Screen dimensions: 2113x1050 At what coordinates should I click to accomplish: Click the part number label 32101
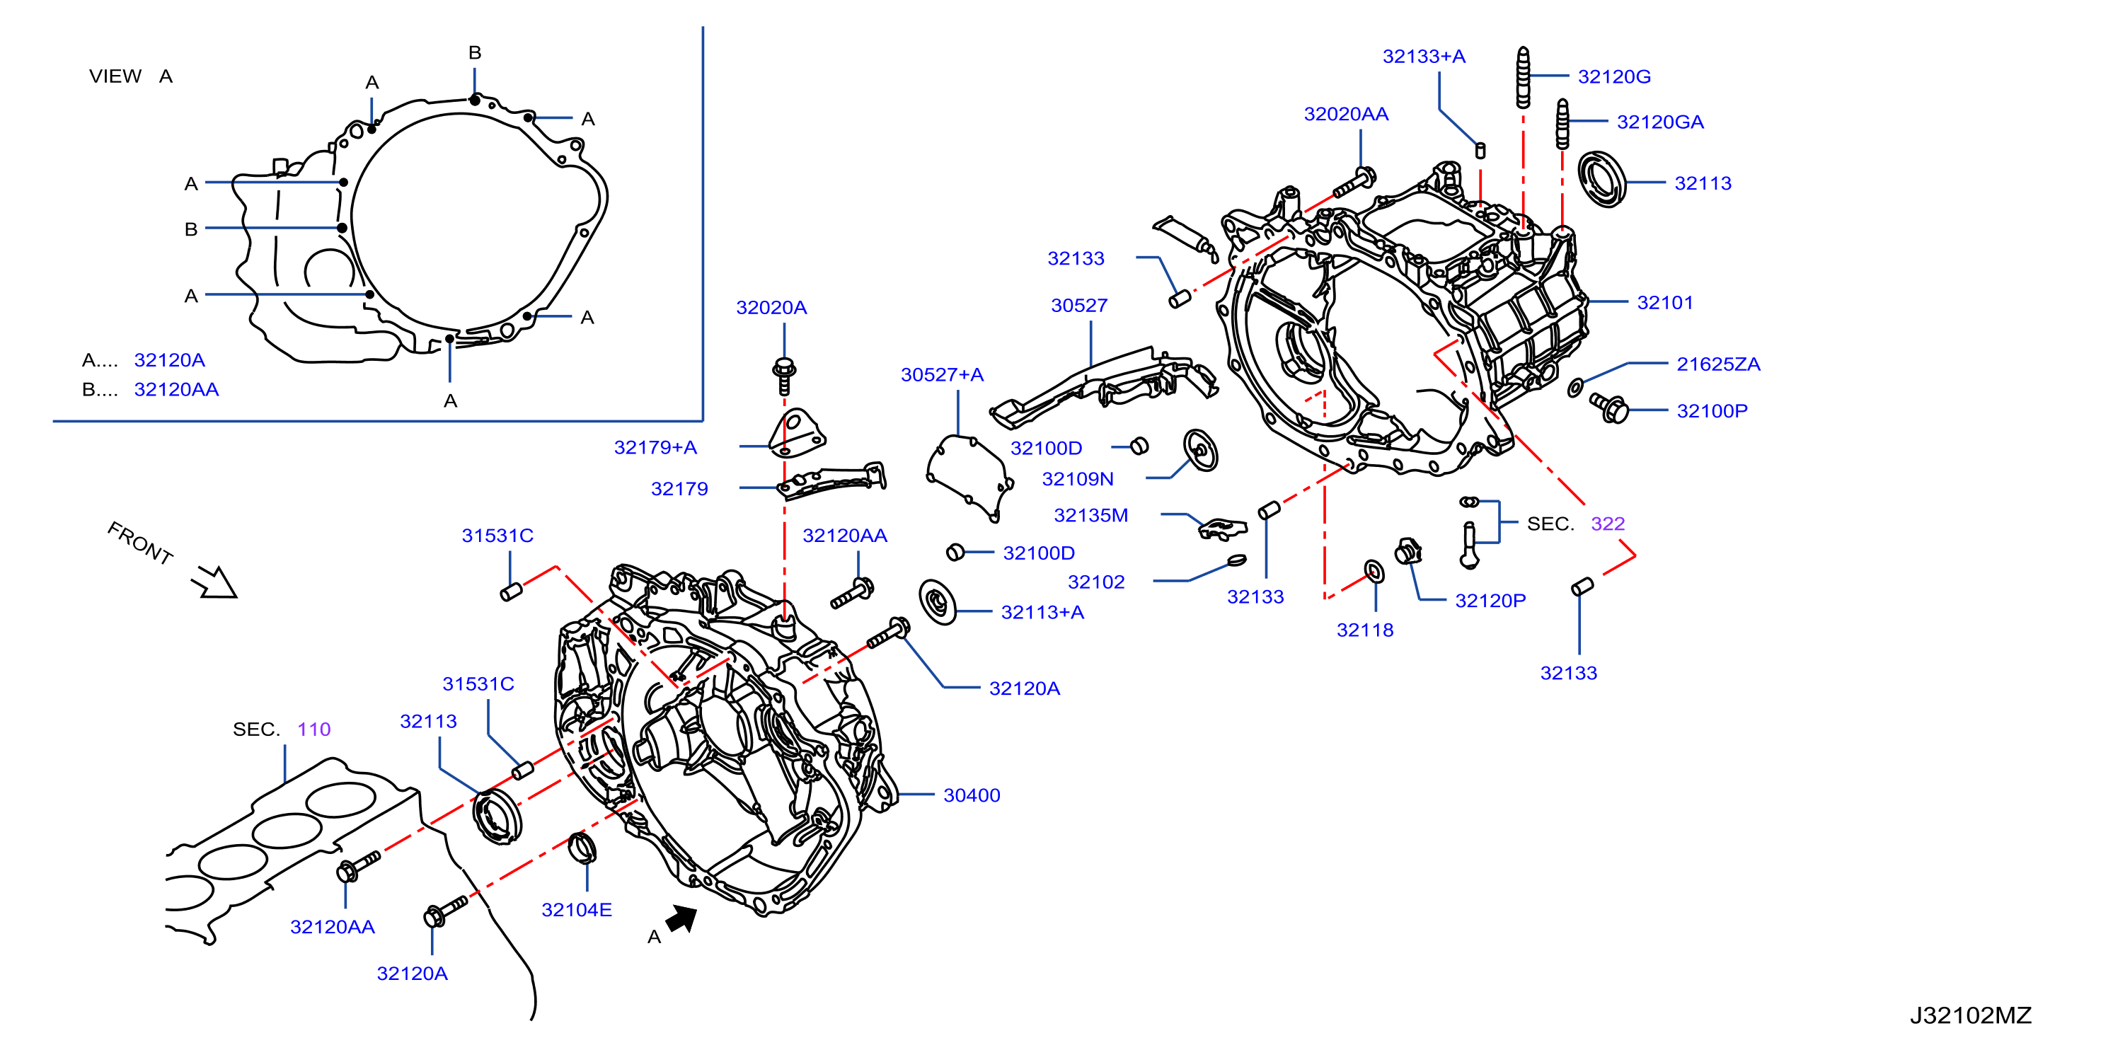[1664, 302]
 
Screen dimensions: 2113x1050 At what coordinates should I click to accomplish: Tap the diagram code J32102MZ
[1970, 1015]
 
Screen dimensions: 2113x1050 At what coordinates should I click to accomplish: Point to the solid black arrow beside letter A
[681, 918]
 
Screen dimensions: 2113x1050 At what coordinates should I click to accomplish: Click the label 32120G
[1613, 76]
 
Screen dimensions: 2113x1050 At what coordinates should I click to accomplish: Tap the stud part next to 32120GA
[1562, 124]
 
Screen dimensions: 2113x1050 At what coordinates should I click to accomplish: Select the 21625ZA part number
[1717, 364]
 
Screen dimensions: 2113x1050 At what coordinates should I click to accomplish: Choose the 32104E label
[577, 909]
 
